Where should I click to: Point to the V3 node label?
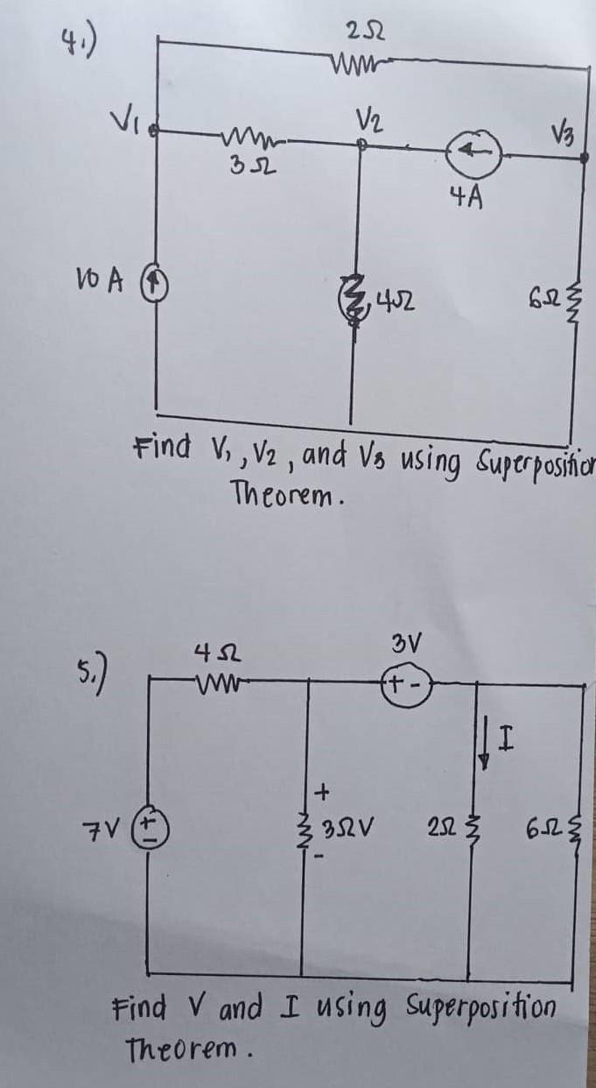[562, 132]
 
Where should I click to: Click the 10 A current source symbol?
[157, 286]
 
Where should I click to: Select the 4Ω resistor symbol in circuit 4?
[354, 307]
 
